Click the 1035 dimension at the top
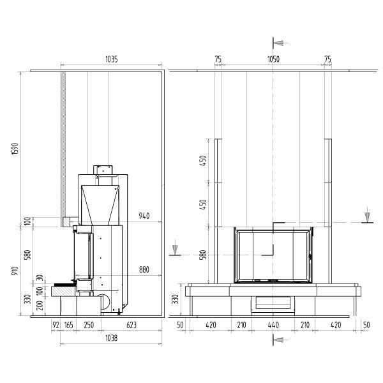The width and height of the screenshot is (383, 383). [111, 59]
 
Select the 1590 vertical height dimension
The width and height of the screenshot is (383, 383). [15, 149]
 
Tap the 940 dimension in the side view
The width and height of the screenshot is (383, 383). [144, 216]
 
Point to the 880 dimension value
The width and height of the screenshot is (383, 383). [144, 269]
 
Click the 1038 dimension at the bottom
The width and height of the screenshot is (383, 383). [111, 338]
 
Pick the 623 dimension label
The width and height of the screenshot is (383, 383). [131, 325]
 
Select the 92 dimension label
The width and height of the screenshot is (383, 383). [56, 325]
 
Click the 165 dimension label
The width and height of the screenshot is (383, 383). [69, 325]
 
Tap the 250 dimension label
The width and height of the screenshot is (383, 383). [89, 325]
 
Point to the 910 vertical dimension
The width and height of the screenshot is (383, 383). [15, 271]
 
